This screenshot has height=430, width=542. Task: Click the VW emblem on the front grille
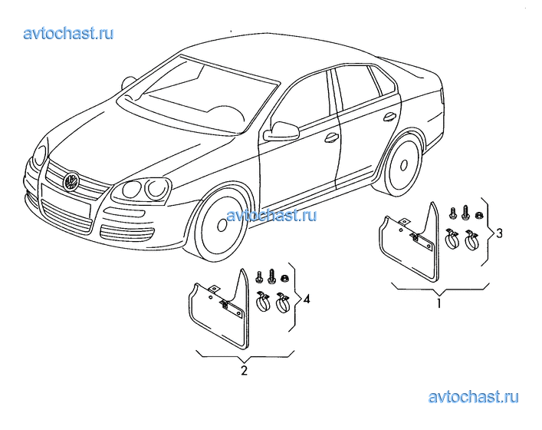coord(71,180)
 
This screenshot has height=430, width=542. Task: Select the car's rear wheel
coord(403,165)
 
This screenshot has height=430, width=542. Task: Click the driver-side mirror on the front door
coord(281,131)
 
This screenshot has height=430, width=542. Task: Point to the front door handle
coord(331,137)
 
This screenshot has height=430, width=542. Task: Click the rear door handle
coord(390,117)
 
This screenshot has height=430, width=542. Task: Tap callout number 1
coord(439,303)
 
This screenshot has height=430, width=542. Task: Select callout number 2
coord(245,370)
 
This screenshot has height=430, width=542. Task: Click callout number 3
coord(499,233)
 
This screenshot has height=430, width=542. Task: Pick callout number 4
coord(306,299)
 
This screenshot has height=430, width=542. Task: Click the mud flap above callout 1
coord(409,242)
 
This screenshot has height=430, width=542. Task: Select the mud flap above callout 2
coord(219,309)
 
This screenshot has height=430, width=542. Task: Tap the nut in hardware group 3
coord(479,216)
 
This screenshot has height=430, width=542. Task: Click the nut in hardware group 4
coord(285,278)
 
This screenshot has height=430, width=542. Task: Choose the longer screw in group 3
coord(465,211)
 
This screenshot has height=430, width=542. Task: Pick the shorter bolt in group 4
coord(259,277)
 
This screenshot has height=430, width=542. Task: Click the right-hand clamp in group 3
coord(471,240)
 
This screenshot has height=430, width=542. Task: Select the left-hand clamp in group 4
coord(263,302)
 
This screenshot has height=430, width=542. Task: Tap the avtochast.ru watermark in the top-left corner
coord(68,34)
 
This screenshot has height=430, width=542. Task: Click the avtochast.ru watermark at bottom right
coord(473,397)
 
